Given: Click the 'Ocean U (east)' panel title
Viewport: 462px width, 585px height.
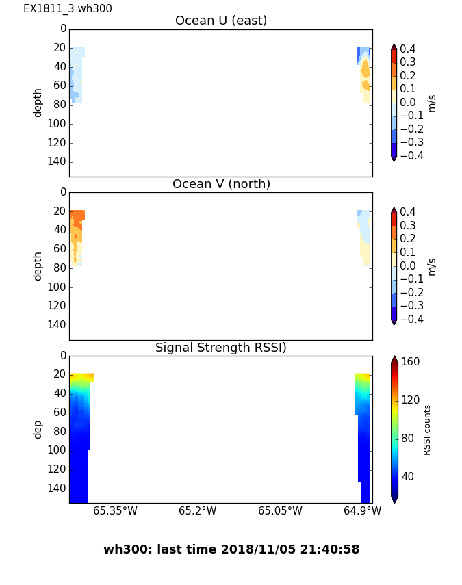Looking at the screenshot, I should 221,21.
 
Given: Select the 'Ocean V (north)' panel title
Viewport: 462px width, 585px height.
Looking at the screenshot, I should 221,185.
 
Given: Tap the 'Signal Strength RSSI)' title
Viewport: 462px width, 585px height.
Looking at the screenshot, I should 221,348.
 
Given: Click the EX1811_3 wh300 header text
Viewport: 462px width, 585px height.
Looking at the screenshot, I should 68,9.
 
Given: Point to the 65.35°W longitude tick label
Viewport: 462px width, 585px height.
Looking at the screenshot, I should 115,510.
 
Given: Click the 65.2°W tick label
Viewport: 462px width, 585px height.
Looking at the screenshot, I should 197,510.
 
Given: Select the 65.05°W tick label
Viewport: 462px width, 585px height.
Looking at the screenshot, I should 280,510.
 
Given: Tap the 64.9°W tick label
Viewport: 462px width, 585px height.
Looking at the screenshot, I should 362,510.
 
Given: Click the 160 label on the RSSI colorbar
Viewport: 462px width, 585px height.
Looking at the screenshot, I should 410,362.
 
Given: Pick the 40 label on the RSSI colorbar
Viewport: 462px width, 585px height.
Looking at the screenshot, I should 407,476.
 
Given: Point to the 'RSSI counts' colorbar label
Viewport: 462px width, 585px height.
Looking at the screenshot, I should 427,430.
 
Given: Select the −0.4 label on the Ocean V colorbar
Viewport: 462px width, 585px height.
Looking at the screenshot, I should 411,319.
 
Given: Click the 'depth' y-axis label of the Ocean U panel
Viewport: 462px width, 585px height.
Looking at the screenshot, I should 38,103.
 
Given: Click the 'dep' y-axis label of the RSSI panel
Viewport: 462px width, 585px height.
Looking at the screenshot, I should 38,430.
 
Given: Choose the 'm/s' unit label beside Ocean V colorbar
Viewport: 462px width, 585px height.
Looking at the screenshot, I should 431,266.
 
